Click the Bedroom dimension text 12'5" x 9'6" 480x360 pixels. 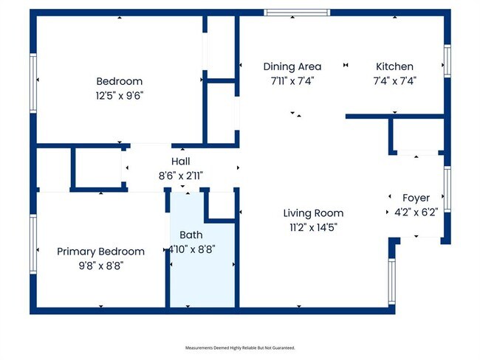[x=120, y=96]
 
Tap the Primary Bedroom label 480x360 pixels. [x=100, y=252]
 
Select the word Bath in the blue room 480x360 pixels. [x=191, y=235]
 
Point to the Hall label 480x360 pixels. [x=181, y=162]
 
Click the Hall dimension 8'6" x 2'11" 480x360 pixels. [x=181, y=176]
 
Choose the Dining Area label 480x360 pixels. [x=292, y=66]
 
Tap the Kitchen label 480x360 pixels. [x=394, y=66]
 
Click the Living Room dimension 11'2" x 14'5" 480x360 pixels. [x=313, y=227]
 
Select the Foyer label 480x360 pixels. [x=416, y=198]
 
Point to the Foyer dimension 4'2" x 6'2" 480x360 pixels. [x=416, y=212]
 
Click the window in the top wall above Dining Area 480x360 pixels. [x=297, y=13]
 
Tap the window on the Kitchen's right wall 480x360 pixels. [x=448, y=61]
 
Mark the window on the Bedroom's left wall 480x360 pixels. [x=33, y=83]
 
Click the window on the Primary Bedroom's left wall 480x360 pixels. [x=33, y=244]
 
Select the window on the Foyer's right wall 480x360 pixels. [x=448, y=190]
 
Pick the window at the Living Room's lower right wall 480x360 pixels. [x=392, y=282]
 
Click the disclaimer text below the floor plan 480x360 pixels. [x=240, y=347]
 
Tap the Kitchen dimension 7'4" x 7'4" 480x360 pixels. [x=394, y=81]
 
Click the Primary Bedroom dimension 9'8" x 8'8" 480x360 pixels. [x=101, y=266]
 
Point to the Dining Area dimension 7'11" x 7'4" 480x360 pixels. [x=292, y=81]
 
